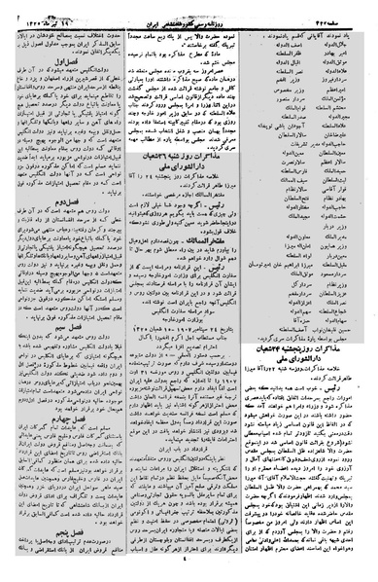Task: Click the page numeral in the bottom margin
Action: point(188,575)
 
